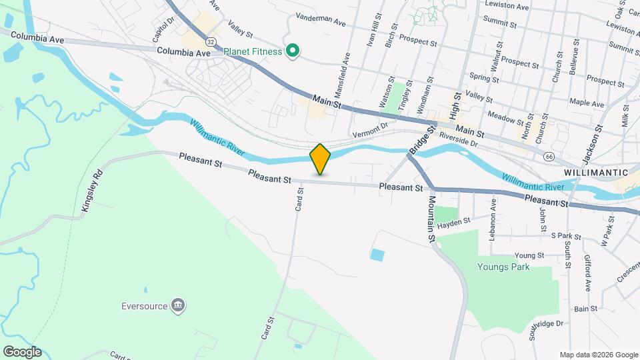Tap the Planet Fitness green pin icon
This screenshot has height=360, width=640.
click(x=291, y=51)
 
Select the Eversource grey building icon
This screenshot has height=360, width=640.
click(x=178, y=306)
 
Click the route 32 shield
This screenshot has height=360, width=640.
click(x=211, y=41)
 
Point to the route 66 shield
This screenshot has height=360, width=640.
click(x=549, y=156)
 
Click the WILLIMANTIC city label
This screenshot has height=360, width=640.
click(x=595, y=172)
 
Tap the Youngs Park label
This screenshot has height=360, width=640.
click(x=503, y=267)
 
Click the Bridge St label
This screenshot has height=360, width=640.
click(x=421, y=138)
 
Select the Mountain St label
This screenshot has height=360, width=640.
click(x=431, y=218)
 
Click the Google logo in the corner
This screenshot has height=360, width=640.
click(x=22, y=352)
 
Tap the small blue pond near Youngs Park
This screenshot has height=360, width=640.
click(x=377, y=254)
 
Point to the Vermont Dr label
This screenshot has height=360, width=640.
click(x=371, y=128)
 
